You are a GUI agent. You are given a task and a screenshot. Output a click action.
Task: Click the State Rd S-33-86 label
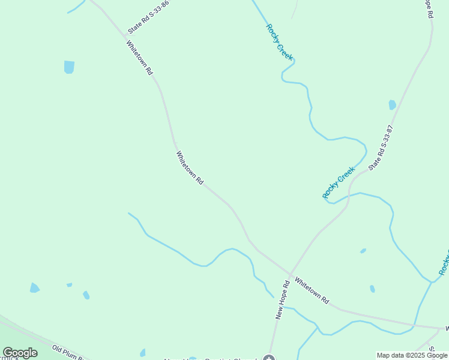tap(148, 17)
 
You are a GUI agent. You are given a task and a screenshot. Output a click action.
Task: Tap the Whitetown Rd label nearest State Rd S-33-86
tap(139, 57)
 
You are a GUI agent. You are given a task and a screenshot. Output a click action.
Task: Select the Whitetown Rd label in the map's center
tap(190, 167)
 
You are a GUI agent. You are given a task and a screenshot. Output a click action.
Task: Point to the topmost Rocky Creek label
tap(280, 41)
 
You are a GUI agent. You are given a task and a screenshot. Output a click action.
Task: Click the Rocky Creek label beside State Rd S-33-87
tap(339, 182)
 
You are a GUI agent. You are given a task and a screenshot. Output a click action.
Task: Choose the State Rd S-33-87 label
tap(381, 148)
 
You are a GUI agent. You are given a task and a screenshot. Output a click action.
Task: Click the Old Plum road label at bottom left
tap(69, 352)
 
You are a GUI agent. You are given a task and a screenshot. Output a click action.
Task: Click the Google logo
tap(20, 353)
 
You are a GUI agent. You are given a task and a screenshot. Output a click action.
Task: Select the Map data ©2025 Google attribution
tap(412, 355)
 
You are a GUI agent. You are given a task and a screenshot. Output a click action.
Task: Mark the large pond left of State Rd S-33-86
tap(69, 67)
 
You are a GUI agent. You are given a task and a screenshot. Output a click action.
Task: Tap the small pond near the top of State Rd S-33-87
tap(392, 104)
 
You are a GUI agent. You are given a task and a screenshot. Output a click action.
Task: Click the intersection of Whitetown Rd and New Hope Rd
tap(289, 276)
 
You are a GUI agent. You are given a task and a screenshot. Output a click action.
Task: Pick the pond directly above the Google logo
tap(34, 288)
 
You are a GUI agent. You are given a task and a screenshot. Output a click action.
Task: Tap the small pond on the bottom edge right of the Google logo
tap(142, 353)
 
